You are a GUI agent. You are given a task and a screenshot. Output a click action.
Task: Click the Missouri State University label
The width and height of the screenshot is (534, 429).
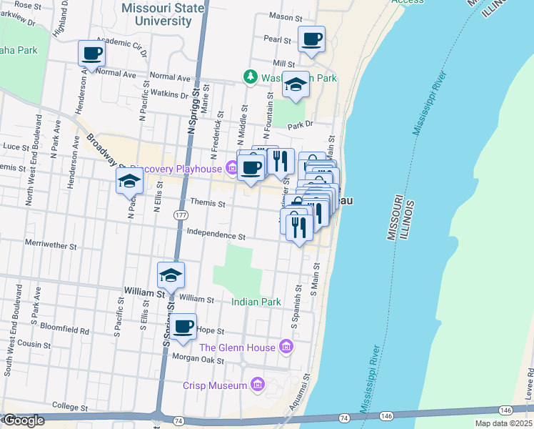click(x=163, y=14)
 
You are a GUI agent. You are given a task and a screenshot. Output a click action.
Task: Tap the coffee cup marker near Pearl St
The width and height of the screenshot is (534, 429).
click(x=311, y=39)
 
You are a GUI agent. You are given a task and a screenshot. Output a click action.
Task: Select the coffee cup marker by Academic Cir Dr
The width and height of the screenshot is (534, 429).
click(x=92, y=53)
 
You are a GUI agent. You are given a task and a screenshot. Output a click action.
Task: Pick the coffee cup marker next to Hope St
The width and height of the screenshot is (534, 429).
click(x=183, y=326)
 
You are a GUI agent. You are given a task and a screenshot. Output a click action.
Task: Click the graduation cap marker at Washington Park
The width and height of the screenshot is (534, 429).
click(x=295, y=85)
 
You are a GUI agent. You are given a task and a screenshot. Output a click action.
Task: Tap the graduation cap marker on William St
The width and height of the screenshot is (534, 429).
click(x=171, y=275)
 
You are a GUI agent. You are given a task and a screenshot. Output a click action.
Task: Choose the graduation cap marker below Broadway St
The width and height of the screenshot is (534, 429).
click(x=129, y=181)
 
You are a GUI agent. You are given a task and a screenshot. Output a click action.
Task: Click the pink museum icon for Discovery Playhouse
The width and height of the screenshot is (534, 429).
click(x=231, y=169)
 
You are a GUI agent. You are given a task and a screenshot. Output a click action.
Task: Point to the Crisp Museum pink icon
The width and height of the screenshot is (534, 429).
click(x=257, y=385)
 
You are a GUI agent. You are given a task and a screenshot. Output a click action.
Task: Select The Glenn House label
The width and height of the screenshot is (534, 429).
click(x=237, y=347)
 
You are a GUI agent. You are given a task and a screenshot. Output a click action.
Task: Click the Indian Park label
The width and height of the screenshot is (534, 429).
click(x=256, y=302)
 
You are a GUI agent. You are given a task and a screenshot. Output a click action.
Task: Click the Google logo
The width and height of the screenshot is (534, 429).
click(x=24, y=420)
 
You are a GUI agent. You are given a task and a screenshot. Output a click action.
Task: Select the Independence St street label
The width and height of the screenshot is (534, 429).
click(x=216, y=234)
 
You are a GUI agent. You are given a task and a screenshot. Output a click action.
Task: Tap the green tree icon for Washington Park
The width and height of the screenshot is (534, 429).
click(x=250, y=75)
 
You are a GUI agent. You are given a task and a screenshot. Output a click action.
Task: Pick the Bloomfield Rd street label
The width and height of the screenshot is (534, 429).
click(x=65, y=331)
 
